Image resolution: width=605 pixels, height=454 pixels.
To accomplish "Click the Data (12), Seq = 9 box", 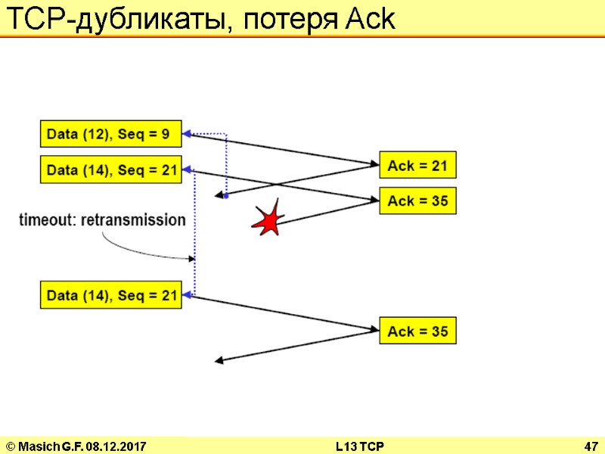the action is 110,135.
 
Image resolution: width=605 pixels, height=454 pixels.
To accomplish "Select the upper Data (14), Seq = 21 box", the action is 110,169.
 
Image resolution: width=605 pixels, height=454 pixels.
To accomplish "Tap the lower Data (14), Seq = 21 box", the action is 110,294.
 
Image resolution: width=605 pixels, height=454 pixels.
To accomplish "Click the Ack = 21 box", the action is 417,165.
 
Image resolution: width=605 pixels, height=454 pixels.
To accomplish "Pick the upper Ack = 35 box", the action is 417,201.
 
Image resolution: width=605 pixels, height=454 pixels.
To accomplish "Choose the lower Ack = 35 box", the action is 417,331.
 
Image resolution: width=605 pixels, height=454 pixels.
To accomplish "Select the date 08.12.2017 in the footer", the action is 115,446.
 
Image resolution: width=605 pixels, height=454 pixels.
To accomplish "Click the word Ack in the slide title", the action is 370,20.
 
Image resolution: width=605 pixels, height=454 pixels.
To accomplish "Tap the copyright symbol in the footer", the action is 10,446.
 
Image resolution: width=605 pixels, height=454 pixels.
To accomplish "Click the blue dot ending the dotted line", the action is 225,194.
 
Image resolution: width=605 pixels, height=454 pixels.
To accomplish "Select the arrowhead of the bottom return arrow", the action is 220,361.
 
